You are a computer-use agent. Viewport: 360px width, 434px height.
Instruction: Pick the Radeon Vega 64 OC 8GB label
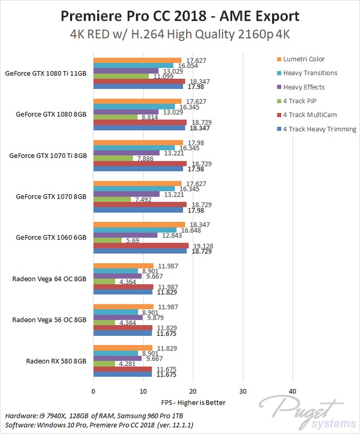(x=49, y=279)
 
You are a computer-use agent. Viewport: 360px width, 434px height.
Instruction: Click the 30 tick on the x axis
(x=243, y=391)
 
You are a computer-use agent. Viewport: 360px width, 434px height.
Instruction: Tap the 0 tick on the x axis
(x=93, y=391)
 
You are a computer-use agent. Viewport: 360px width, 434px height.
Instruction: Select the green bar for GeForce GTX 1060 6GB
(x=108, y=240)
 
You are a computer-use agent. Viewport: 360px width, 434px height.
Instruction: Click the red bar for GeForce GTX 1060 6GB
(x=141, y=246)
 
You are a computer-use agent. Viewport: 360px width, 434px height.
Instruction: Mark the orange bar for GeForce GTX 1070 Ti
(x=138, y=143)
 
